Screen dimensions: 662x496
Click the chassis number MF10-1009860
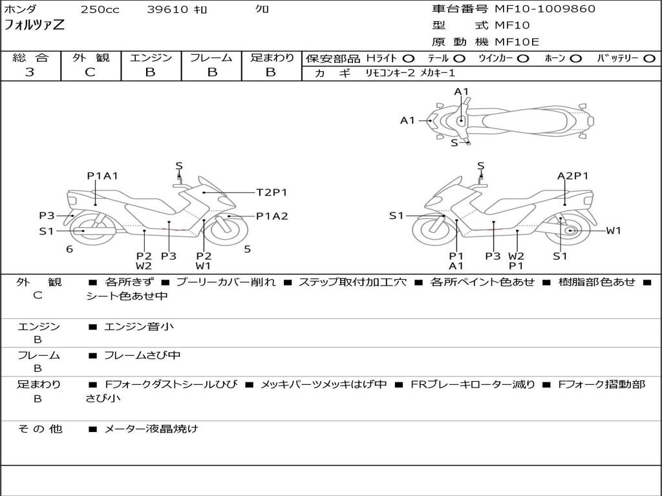545,9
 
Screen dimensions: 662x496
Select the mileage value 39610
167,10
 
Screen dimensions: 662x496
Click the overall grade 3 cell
30,72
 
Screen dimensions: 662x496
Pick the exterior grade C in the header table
91,72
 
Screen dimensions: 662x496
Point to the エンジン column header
151,58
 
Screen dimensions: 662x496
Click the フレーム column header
211,58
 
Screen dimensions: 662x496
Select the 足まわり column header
272,58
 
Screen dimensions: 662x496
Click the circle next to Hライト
409,59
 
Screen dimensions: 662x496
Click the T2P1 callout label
272,192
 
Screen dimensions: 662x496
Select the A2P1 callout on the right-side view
573,176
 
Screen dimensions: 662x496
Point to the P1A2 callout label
272,216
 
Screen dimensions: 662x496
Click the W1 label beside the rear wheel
613,231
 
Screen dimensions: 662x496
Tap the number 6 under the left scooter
69,249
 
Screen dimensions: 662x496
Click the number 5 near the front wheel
247,249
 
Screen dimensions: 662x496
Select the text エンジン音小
139,327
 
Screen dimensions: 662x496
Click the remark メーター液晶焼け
151,428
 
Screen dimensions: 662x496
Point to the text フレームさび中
142,355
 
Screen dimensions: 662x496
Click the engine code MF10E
517,42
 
